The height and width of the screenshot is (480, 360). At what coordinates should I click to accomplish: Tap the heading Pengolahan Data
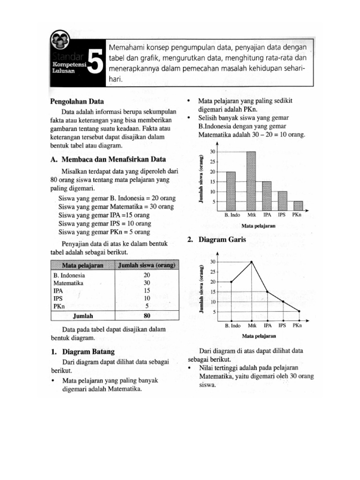[77, 101]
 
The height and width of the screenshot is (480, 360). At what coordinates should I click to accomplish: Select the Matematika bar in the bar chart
[251, 181]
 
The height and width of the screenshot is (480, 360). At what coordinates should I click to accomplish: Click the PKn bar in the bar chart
[298, 206]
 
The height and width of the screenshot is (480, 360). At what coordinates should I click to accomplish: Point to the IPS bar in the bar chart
[282, 201]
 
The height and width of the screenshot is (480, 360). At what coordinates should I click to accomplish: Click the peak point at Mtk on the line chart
[252, 262]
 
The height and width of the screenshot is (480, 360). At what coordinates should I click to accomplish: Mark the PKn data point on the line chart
[299, 311]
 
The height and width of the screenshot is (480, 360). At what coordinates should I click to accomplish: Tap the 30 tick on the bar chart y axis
[212, 152]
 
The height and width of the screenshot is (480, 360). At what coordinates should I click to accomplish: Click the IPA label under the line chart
[268, 325]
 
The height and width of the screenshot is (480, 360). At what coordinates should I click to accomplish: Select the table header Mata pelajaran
[82, 266]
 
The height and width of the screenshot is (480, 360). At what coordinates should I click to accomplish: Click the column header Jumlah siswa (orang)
[147, 266]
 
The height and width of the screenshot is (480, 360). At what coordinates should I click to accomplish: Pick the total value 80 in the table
[147, 316]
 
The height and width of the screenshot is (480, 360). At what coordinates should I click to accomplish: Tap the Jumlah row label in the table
[83, 316]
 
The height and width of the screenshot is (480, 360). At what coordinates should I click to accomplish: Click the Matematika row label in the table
[68, 283]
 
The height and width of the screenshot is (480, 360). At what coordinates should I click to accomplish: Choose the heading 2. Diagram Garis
[216, 240]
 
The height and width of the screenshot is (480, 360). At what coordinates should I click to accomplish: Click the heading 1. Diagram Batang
[82, 351]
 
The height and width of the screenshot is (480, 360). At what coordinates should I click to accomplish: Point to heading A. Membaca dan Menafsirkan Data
[108, 159]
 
